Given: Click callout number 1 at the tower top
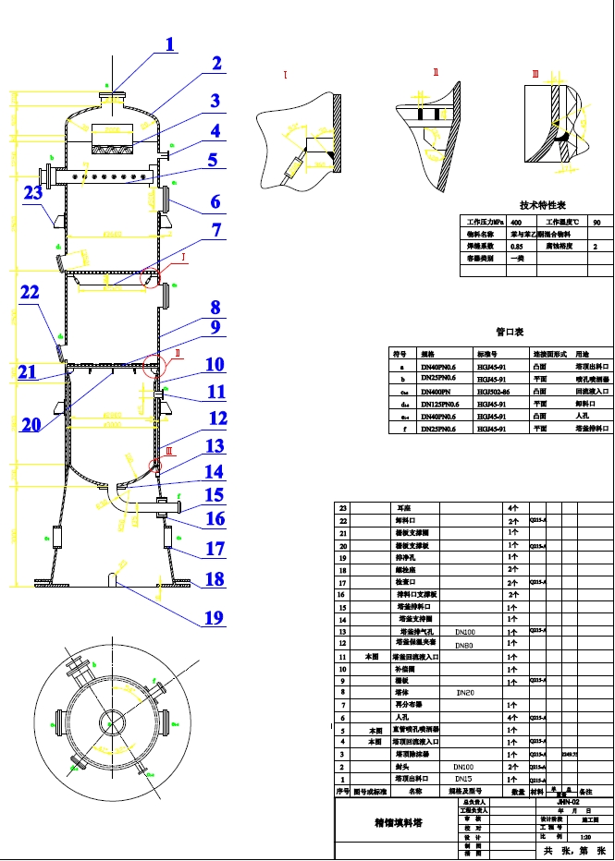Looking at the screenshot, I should [x=170, y=43].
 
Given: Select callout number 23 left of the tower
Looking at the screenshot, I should [x=33, y=193].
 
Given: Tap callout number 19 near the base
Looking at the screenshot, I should [x=214, y=617].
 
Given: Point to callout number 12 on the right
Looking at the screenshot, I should [x=217, y=418].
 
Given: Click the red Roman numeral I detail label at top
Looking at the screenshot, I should [x=287, y=74].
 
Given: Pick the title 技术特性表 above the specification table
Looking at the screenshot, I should [x=542, y=206].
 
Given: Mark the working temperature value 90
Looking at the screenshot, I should [x=596, y=223].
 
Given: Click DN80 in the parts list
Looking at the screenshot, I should [x=464, y=645].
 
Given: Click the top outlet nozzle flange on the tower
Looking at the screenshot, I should [x=114, y=92].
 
